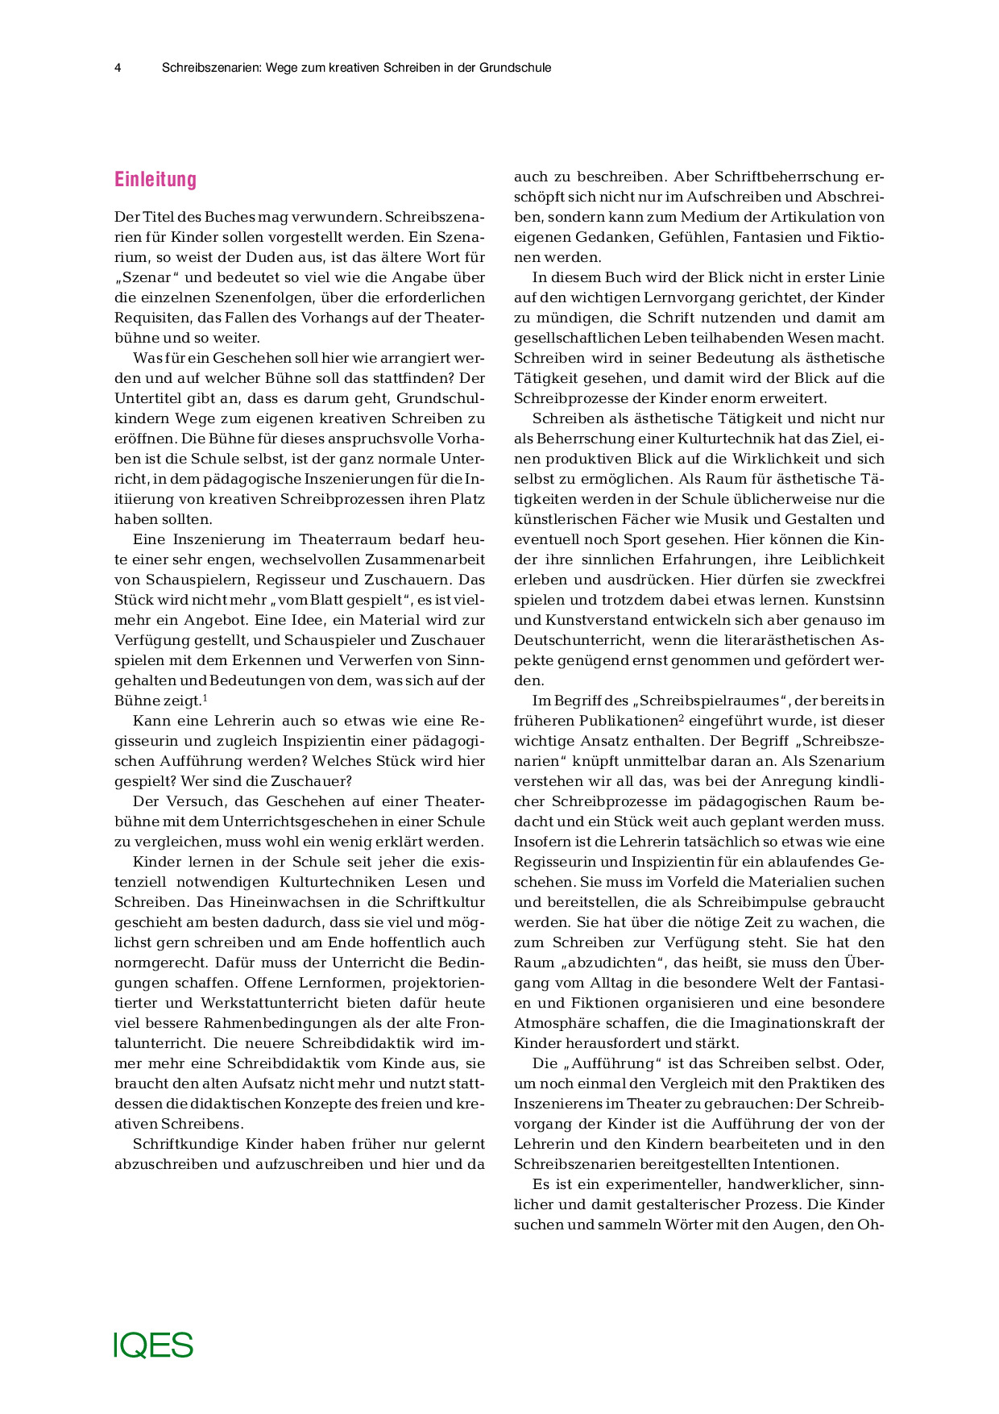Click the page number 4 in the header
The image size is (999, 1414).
(118, 68)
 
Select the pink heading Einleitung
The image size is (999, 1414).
(155, 179)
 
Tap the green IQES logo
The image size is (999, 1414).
(153, 1345)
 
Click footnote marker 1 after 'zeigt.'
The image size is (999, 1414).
(205, 698)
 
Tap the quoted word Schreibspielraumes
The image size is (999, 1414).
(710, 701)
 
